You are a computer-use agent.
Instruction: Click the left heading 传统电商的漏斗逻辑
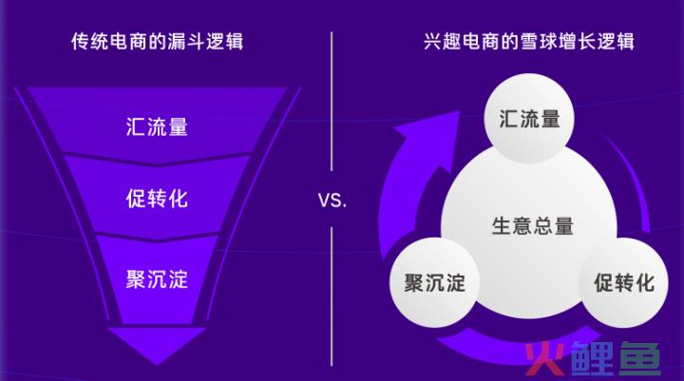(x=157, y=42)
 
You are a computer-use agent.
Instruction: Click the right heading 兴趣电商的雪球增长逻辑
(x=529, y=42)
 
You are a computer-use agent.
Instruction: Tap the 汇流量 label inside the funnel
(x=157, y=126)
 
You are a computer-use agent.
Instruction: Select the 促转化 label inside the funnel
(x=157, y=199)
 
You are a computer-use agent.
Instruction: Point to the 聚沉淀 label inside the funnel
(x=157, y=279)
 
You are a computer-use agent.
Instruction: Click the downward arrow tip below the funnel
(x=157, y=365)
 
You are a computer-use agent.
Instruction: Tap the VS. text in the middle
(x=332, y=200)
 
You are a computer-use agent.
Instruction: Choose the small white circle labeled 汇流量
(x=529, y=118)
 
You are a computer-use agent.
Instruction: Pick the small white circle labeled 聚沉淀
(x=434, y=282)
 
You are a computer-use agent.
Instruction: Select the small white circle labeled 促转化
(x=624, y=282)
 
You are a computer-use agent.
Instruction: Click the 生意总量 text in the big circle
(x=533, y=226)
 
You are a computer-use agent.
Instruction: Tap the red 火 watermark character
(x=546, y=358)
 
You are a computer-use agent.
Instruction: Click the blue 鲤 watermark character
(x=593, y=358)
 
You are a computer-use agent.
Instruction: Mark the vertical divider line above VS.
(x=332, y=102)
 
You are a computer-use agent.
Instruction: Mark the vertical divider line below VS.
(x=332, y=296)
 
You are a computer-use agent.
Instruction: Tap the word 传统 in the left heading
(x=90, y=42)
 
